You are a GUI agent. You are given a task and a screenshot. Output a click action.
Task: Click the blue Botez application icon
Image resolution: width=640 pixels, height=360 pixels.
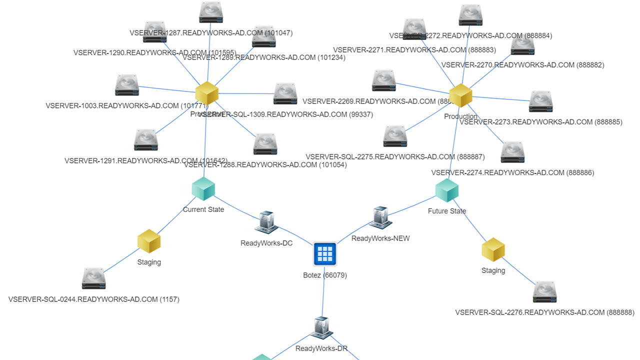click(325, 254)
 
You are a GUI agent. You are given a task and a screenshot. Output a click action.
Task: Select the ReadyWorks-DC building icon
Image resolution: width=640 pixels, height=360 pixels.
click(266, 222)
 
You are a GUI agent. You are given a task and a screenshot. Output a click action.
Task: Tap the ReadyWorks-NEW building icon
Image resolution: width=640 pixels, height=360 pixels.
click(380, 217)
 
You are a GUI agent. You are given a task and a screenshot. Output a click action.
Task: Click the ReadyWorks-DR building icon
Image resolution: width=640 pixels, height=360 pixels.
click(321, 328)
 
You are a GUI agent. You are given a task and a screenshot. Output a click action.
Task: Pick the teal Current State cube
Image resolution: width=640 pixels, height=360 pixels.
click(203, 189)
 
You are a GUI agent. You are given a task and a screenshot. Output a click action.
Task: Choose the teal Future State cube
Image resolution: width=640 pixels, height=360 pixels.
click(446, 190)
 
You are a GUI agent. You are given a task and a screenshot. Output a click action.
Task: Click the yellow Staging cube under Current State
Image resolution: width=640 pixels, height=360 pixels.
click(149, 241)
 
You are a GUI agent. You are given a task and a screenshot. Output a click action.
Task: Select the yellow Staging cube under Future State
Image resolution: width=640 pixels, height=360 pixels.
click(493, 250)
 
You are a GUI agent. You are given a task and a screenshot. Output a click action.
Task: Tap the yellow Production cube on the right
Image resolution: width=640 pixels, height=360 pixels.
click(460, 95)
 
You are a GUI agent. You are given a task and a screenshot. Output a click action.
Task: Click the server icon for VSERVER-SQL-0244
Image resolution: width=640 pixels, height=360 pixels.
click(94, 279)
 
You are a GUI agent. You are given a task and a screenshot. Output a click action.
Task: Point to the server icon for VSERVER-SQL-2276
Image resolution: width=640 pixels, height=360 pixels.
click(545, 292)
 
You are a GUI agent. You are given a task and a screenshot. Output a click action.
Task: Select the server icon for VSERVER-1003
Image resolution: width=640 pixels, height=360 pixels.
click(127, 85)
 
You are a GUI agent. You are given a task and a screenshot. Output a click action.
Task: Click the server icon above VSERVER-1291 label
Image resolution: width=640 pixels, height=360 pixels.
click(146, 140)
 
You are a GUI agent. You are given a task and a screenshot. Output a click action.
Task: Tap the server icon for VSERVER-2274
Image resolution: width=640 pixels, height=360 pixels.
click(512, 152)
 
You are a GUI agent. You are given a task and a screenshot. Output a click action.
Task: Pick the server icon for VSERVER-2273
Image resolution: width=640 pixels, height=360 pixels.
click(540, 102)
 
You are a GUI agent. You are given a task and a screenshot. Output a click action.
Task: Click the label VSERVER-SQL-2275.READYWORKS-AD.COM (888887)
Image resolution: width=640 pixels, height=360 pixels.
click(395, 157)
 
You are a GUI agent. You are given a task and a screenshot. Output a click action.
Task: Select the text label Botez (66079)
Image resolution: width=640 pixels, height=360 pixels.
click(325, 275)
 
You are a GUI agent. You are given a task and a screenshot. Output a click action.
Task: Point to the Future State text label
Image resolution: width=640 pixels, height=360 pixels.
click(446, 211)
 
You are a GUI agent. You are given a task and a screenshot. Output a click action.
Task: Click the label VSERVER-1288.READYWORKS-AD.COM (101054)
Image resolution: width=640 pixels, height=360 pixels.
click(265, 165)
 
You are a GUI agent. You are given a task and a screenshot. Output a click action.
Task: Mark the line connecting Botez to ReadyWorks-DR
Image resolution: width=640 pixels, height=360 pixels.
click(323, 295)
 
